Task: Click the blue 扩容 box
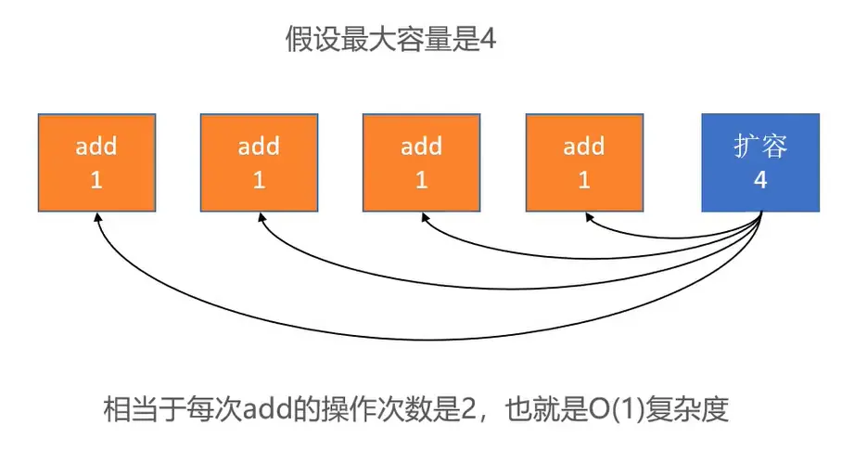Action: [760, 162]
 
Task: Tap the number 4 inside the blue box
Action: [760, 180]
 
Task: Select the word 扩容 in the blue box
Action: [760, 148]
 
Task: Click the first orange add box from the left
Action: [96, 162]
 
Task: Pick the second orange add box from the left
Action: [259, 162]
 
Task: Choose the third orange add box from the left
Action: [421, 162]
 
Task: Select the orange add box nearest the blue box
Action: [584, 162]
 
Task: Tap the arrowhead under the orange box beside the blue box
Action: [586, 216]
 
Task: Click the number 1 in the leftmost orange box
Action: [96, 180]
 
